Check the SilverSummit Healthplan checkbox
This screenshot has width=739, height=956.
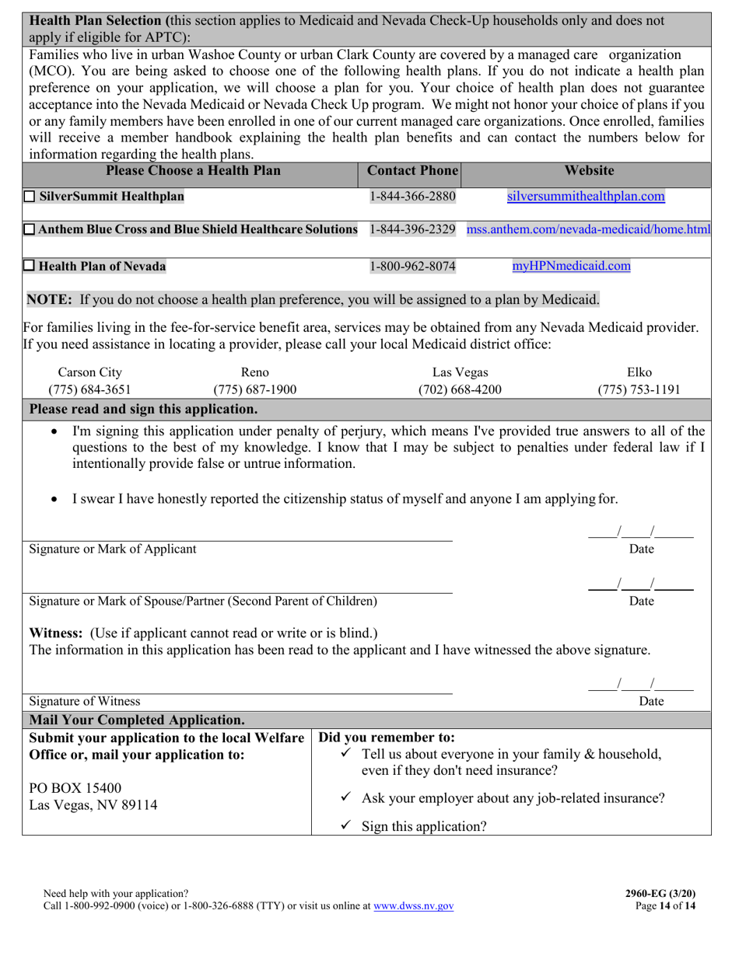click(30, 197)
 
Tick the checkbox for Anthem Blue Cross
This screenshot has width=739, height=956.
click(30, 230)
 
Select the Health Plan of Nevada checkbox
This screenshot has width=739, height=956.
click(30, 267)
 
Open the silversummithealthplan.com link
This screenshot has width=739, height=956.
click(586, 197)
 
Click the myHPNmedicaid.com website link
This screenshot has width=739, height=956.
click(571, 266)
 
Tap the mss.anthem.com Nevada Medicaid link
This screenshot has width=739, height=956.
click(588, 230)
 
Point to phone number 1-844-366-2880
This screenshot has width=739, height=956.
click(412, 197)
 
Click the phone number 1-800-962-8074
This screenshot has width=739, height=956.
click(412, 267)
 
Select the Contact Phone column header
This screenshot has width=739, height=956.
click(413, 170)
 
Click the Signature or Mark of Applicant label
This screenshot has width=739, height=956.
click(113, 549)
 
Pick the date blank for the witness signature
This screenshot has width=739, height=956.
click(640, 686)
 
